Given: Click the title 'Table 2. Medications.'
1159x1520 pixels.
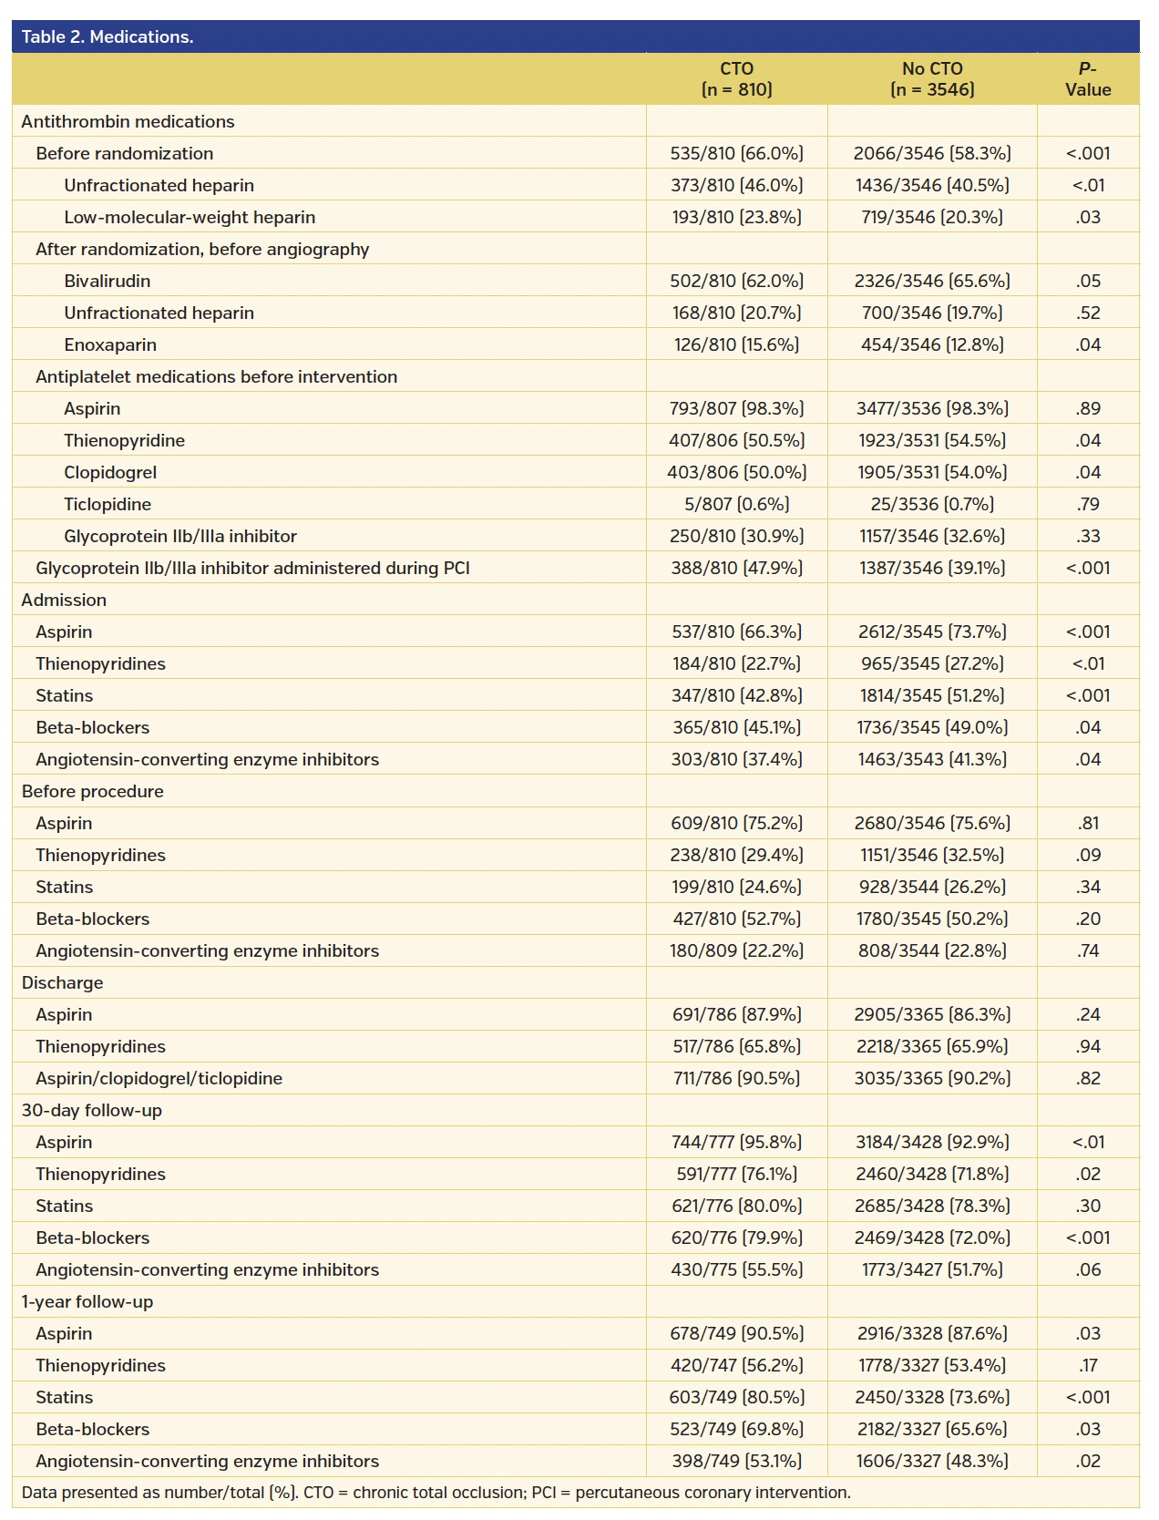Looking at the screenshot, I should point(108,37).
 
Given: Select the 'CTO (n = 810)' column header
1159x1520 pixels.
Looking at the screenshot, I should point(736,79).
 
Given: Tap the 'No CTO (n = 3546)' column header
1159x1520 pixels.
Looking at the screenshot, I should point(931,79).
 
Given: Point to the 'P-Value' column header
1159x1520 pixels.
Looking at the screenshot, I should point(1087,79).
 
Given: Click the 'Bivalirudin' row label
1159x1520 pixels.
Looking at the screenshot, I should point(107,281).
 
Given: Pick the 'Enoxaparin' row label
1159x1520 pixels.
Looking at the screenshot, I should point(110,344).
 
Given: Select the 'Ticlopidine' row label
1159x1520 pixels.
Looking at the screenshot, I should point(108,504).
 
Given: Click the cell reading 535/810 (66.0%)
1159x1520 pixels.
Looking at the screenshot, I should point(736,153).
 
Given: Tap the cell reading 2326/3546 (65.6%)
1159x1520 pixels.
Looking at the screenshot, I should point(931,281).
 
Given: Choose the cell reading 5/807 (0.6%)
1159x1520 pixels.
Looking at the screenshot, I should point(736,504).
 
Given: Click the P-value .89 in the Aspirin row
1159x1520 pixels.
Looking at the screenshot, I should point(1087,408).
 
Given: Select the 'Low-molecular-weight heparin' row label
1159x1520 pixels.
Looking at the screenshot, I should point(190,217).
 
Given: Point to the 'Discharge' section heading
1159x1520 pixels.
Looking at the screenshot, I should point(62,982).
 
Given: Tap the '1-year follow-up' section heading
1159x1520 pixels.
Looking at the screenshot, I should point(87,1301).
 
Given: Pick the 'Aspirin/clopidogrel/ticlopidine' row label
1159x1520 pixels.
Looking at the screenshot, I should point(159,1078).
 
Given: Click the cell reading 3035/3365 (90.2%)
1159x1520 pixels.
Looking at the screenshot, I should point(931,1078).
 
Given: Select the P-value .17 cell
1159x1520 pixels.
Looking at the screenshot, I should point(1087,1365).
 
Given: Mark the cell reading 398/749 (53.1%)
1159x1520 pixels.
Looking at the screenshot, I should point(736,1461).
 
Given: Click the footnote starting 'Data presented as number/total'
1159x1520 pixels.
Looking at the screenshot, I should point(436,1493).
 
